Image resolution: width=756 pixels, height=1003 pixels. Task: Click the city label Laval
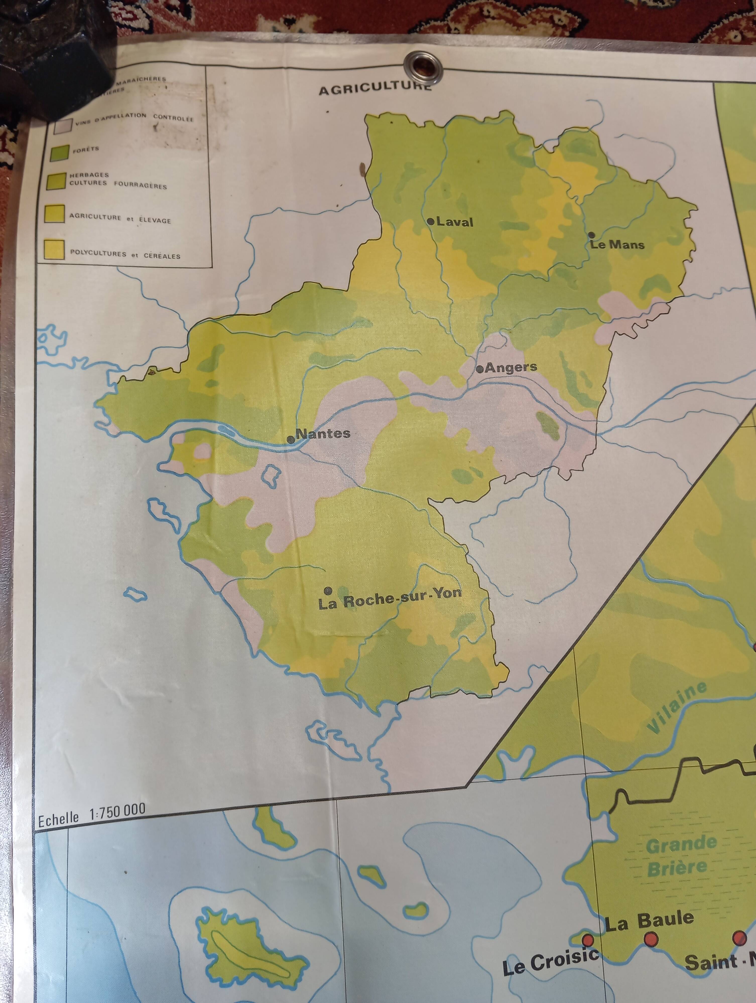point(455,222)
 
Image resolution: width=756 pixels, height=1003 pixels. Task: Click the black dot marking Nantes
point(291,439)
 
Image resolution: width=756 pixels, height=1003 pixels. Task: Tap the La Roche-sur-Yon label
point(390,599)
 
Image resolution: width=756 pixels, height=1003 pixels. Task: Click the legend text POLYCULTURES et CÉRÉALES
point(125,254)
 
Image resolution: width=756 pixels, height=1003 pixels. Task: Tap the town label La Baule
point(649,921)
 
